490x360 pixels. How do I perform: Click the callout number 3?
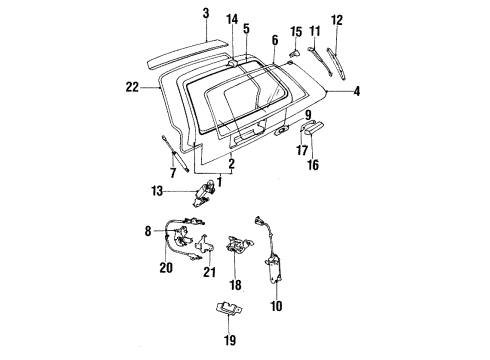pos(205,13)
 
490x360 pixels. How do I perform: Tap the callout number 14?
pos(232,19)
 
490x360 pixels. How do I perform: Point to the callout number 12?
pos(337,19)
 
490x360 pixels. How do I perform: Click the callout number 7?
pos(172,173)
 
